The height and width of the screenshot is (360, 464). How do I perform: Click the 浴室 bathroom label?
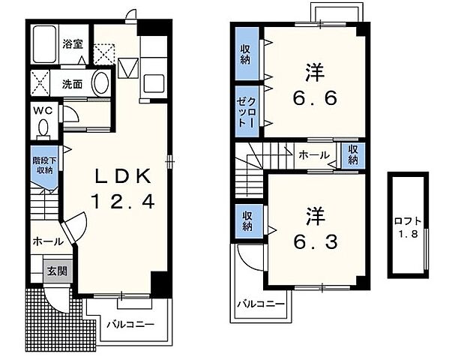73,44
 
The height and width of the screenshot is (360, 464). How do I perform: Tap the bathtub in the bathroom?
44,44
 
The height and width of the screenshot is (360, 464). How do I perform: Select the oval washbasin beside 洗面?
101,82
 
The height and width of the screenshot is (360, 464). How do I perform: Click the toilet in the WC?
43,130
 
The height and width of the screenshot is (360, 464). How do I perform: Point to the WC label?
43,111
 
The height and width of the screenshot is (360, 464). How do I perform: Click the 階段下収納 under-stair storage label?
44,166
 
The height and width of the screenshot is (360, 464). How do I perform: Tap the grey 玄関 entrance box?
58,271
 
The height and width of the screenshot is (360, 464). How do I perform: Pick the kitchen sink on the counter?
154,83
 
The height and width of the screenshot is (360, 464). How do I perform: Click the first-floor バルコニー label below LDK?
130,324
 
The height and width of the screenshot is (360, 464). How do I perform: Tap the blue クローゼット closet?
247,111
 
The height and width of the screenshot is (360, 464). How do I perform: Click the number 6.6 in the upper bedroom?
315,98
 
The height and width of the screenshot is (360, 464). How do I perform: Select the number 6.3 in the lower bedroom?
316,241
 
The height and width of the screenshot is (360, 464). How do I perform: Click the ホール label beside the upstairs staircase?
314,154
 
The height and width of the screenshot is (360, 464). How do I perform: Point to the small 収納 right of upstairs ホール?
352,154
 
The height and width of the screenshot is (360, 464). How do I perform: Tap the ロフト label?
408,221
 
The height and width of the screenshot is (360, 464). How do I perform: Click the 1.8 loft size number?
408,234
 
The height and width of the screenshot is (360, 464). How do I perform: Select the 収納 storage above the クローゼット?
247,53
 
